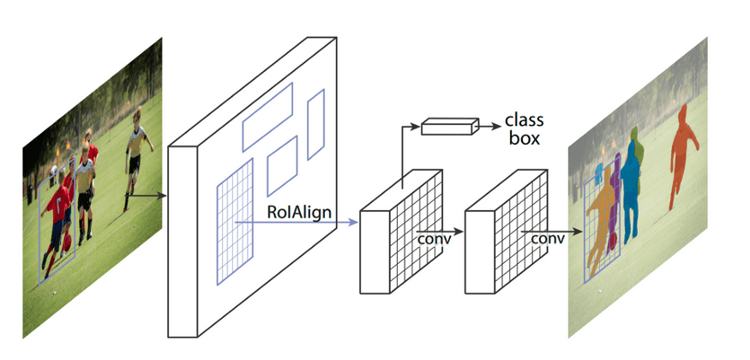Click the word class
[524, 120]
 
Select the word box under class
[524, 138]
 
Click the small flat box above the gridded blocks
[447, 127]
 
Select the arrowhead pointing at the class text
[496, 126]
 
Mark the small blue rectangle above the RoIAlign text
[282, 165]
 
